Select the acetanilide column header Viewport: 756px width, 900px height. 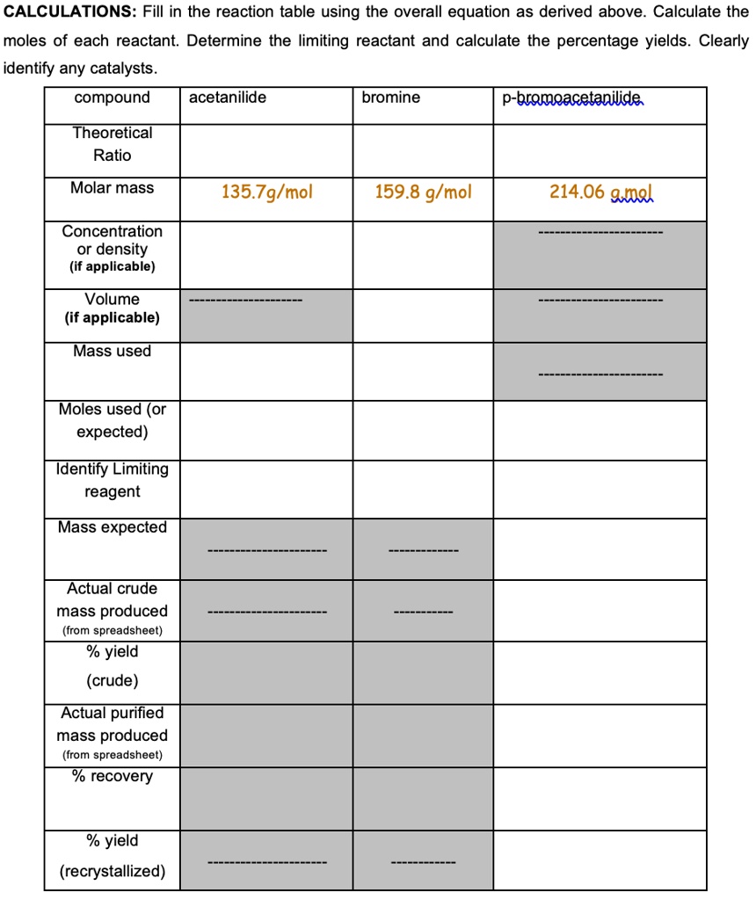(x=227, y=98)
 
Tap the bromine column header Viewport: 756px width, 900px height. (x=390, y=98)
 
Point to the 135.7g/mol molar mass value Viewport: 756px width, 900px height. (x=266, y=192)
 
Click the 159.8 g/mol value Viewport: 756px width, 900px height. (x=423, y=192)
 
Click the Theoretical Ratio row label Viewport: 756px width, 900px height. (x=112, y=144)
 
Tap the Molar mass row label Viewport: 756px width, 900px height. (x=112, y=188)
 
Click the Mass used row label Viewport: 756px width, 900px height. (x=112, y=352)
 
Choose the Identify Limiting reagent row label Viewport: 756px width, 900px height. (x=112, y=480)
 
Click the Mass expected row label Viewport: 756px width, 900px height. (x=112, y=527)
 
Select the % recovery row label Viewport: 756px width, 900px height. (x=112, y=777)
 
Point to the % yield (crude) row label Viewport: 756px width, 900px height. (x=112, y=666)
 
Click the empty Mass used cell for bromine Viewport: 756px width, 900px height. (x=423, y=371)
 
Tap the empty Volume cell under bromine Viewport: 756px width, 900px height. (x=423, y=315)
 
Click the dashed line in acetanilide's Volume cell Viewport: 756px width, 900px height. (x=246, y=301)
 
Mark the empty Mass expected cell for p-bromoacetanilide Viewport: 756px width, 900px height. (x=599, y=548)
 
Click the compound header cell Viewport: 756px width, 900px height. (x=112, y=98)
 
